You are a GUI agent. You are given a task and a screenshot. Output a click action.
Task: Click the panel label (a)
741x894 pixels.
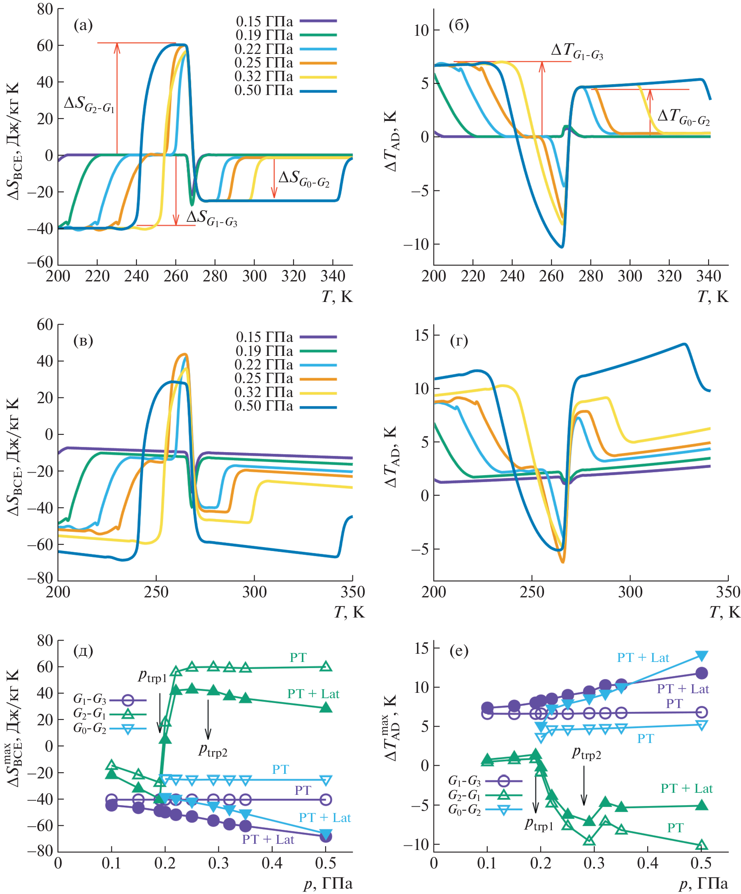(83, 26)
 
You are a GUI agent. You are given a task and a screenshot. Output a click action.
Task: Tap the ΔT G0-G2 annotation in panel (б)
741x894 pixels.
(683, 117)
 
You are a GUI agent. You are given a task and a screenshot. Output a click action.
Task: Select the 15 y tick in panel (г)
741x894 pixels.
(421, 335)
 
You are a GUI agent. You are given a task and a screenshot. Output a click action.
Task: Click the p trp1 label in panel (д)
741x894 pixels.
(153, 676)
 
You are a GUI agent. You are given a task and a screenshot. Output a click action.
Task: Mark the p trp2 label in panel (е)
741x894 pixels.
(586, 754)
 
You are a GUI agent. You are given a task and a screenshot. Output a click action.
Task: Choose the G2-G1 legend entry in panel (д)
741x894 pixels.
(109, 713)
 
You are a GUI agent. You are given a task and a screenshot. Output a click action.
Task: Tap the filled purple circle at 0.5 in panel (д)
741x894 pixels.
(326, 837)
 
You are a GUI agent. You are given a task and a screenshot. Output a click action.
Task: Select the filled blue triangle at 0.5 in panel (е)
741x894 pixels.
(702, 656)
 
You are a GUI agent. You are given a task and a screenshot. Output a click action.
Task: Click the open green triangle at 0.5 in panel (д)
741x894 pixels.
(326, 666)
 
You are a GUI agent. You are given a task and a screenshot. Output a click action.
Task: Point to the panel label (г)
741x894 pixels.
(459, 341)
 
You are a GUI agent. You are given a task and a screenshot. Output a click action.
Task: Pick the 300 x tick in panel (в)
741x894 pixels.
(254, 592)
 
